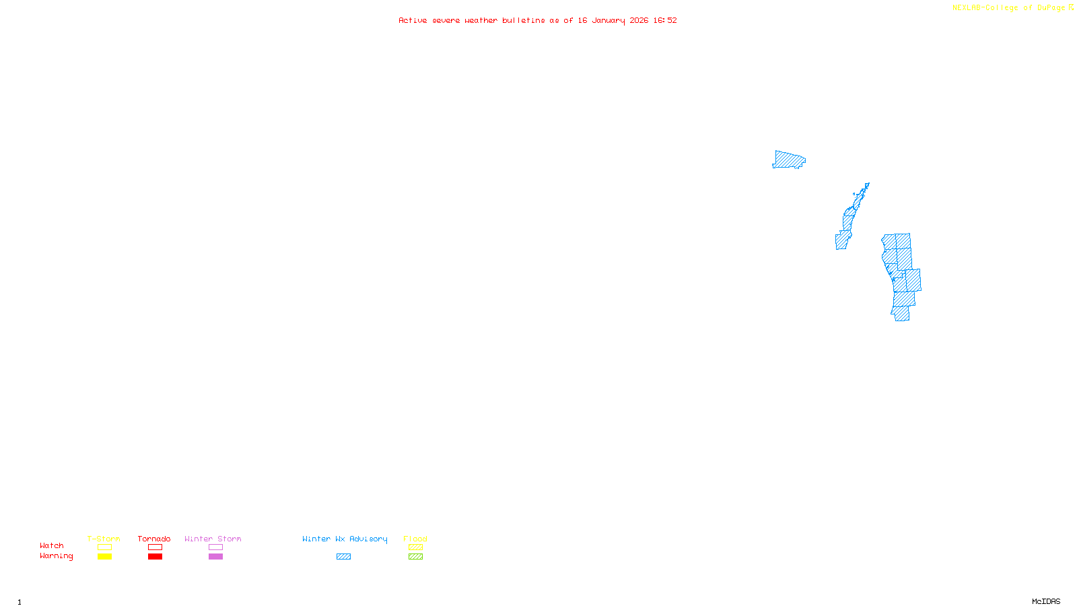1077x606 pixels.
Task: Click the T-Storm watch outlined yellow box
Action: pyautogui.click(x=104, y=547)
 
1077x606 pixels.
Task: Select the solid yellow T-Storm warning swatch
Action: pyautogui.click(x=104, y=557)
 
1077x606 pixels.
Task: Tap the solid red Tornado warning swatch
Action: pyautogui.click(x=155, y=557)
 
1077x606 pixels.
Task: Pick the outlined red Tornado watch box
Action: pyautogui.click(x=155, y=547)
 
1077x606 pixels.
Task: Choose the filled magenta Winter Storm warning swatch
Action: pyautogui.click(x=215, y=557)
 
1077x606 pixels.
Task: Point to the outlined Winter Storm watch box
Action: pyautogui.click(x=215, y=547)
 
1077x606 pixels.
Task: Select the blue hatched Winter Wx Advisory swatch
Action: pyautogui.click(x=343, y=557)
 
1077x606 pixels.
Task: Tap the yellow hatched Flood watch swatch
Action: pyautogui.click(x=415, y=547)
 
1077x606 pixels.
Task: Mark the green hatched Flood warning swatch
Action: pyautogui.click(x=415, y=557)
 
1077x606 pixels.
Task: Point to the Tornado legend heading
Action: pyautogui.click(x=154, y=539)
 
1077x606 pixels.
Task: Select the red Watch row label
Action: pyautogui.click(x=52, y=545)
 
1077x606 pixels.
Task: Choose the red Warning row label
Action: pyautogui.click(x=56, y=556)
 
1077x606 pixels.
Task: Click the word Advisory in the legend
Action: pyautogui.click(x=368, y=539)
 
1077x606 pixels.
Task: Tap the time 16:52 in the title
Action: pyautogui.click(x=665, y=20)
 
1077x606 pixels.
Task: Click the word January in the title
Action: pyautogui.click(x=609, y=20)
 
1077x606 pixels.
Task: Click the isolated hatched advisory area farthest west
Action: pyautogui.click(x=788, y=160)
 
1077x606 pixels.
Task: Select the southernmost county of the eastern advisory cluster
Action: pyautogui.click(x=902, y=314)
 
